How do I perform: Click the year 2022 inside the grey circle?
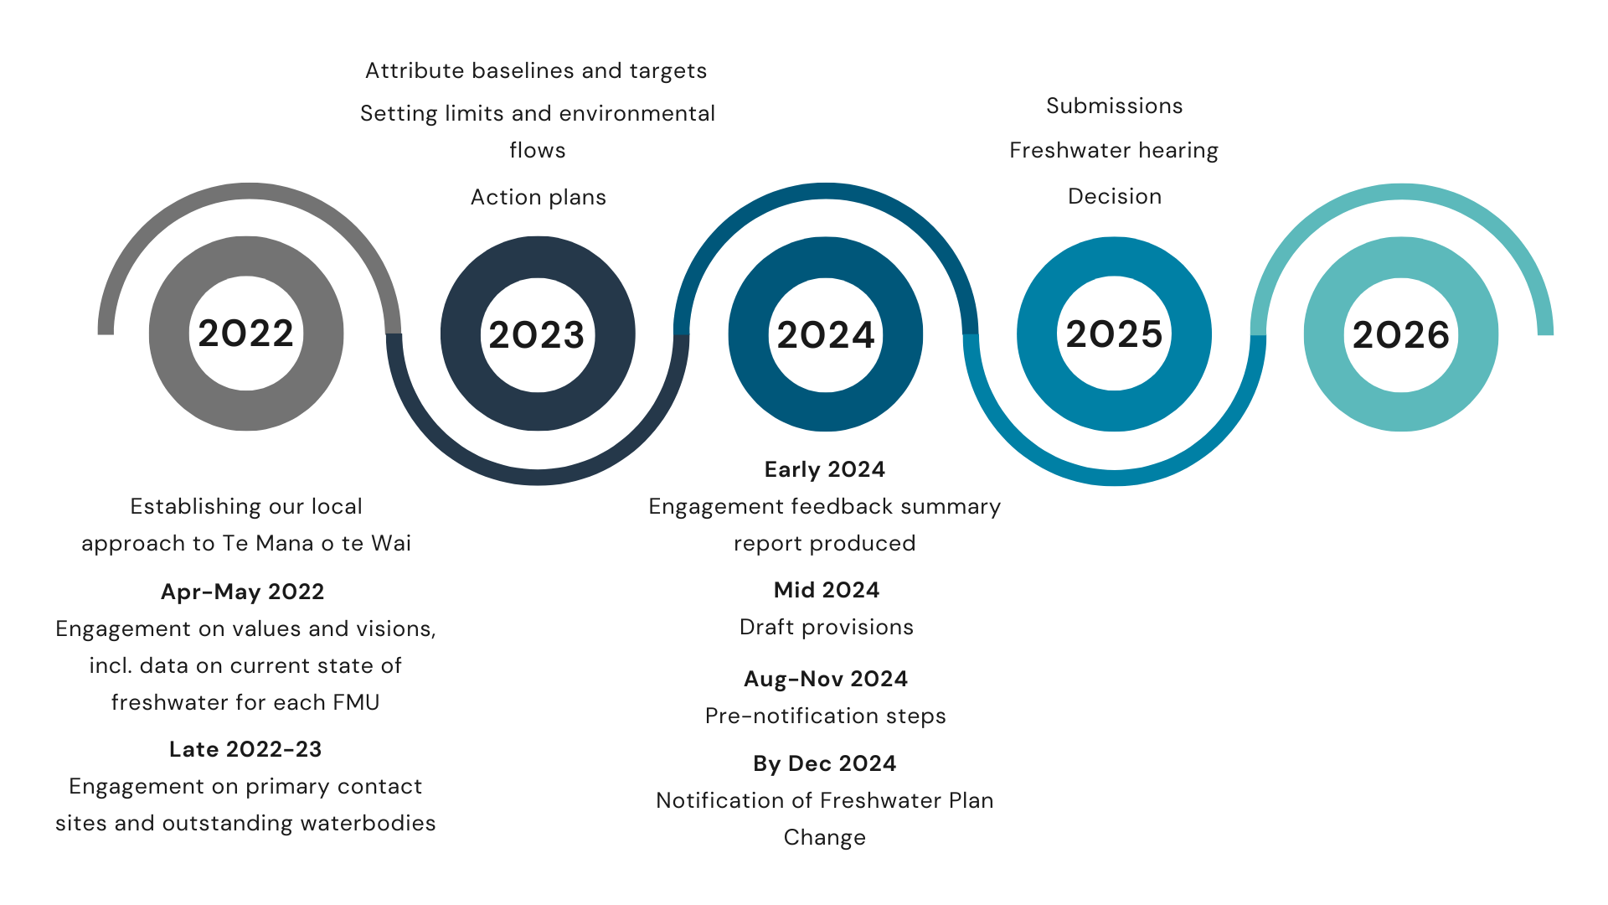point(245,334)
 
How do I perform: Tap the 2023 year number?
point(537,335)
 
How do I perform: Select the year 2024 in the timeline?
point(826,335)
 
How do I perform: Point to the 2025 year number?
point(1114,334)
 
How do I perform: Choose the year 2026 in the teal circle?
point(1401,335)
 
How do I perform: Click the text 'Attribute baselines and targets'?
point(536,71)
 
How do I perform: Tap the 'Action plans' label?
point(539,198)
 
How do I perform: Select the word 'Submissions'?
point(1115,106)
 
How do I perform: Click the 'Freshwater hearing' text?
point(1114,151)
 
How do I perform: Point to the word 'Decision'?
point(1115,196)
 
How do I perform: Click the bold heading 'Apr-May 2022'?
point(243,592)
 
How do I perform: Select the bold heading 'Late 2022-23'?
point(245,749)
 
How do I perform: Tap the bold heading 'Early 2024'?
point(825,470)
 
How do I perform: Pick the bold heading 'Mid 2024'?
point(827,590)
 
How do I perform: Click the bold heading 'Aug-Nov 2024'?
point(826,679)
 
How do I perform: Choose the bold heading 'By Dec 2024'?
point(825,764)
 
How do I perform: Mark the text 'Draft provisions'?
point(827,628)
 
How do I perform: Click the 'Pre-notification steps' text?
point(826,716)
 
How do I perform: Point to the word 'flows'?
point(538,151)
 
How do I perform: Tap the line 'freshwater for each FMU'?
point(245,702)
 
